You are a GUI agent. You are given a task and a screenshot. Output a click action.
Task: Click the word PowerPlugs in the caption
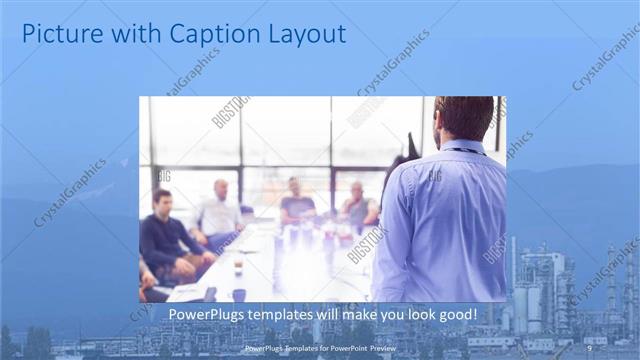(x=203, y=315)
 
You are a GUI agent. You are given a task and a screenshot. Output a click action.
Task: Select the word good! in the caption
(x=453, y=315)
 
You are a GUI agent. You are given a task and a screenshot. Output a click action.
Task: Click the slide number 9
(x=589, y=348)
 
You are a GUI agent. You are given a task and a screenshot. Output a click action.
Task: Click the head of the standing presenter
(x=463, y=118)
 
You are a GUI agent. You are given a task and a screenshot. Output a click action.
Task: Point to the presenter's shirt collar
(x=462, y=146)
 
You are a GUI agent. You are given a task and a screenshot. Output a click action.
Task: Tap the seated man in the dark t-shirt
(x=297, y=204)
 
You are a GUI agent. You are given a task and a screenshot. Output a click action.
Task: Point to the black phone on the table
(x=210, y=294)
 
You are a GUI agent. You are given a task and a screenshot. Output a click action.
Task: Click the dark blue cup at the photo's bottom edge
(x=239, y=295)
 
